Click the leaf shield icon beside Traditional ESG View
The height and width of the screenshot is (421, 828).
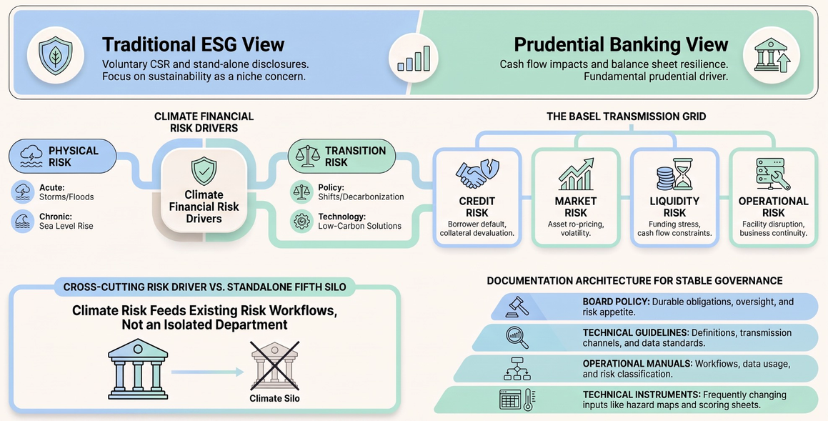tap(56, 55)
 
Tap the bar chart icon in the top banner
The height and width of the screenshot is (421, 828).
tap(414, 58)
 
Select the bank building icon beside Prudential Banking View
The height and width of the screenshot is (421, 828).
tap(771, 55)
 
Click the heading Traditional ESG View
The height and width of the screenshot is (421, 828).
tap(194, 44)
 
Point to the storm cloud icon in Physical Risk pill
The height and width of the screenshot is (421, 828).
tap(31, 156)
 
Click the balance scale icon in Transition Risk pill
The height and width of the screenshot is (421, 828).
tap(309, 157)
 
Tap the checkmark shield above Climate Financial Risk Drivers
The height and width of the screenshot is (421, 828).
tap(204, 171)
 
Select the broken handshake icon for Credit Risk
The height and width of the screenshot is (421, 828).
tap(477, 174)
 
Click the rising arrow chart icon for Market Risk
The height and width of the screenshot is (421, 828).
tap(576, 174)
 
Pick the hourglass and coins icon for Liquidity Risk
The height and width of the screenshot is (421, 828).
tap(674, 174)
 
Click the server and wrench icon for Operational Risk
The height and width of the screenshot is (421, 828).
tap(773, 174)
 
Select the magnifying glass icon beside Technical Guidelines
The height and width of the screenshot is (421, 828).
tap(517, 337)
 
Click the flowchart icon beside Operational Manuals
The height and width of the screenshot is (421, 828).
tap(517, 368)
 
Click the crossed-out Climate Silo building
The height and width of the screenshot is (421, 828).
tap(274, 365)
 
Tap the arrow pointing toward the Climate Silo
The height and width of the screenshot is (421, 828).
tap(207, 372)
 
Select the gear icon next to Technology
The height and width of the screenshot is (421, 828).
tap(301, 222)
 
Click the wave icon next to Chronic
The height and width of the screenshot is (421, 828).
tap(23, 222)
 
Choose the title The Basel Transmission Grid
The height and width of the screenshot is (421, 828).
tap(626, 117)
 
